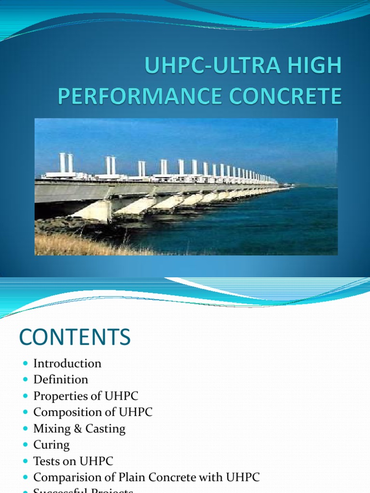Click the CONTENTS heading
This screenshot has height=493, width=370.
point(75,337)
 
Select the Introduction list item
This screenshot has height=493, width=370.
point(67,363)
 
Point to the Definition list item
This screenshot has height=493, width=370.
point(61,379)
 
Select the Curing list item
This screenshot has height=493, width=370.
point(51,445)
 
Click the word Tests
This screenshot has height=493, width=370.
point(46,461)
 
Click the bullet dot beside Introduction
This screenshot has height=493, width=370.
point(26,363)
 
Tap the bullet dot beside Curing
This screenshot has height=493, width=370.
point(26,445)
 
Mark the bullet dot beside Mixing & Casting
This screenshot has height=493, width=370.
point(26,428)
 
